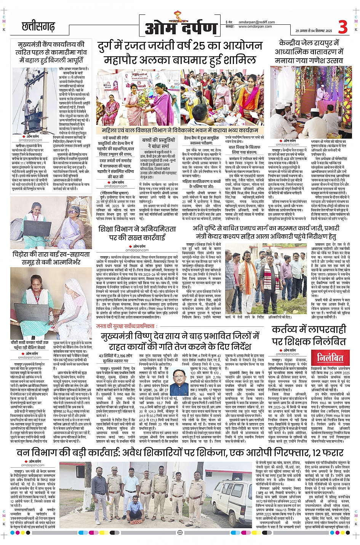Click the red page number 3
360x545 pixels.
point(342,27)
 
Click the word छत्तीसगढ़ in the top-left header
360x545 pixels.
point(38,26)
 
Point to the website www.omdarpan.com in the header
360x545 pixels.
point(255,27)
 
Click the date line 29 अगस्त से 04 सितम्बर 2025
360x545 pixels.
point(314,31)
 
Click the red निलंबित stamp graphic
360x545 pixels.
point(330,358)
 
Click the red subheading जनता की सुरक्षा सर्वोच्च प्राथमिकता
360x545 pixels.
point(126,326)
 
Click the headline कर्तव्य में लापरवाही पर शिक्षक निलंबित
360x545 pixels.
point(309,335)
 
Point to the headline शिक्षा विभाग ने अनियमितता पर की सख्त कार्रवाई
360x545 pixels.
point(137,233)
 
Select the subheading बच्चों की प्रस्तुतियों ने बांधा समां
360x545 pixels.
point(158,143)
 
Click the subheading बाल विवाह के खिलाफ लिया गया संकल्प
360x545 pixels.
point(244,150)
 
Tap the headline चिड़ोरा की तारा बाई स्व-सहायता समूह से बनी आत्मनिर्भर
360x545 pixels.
point(51,258)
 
